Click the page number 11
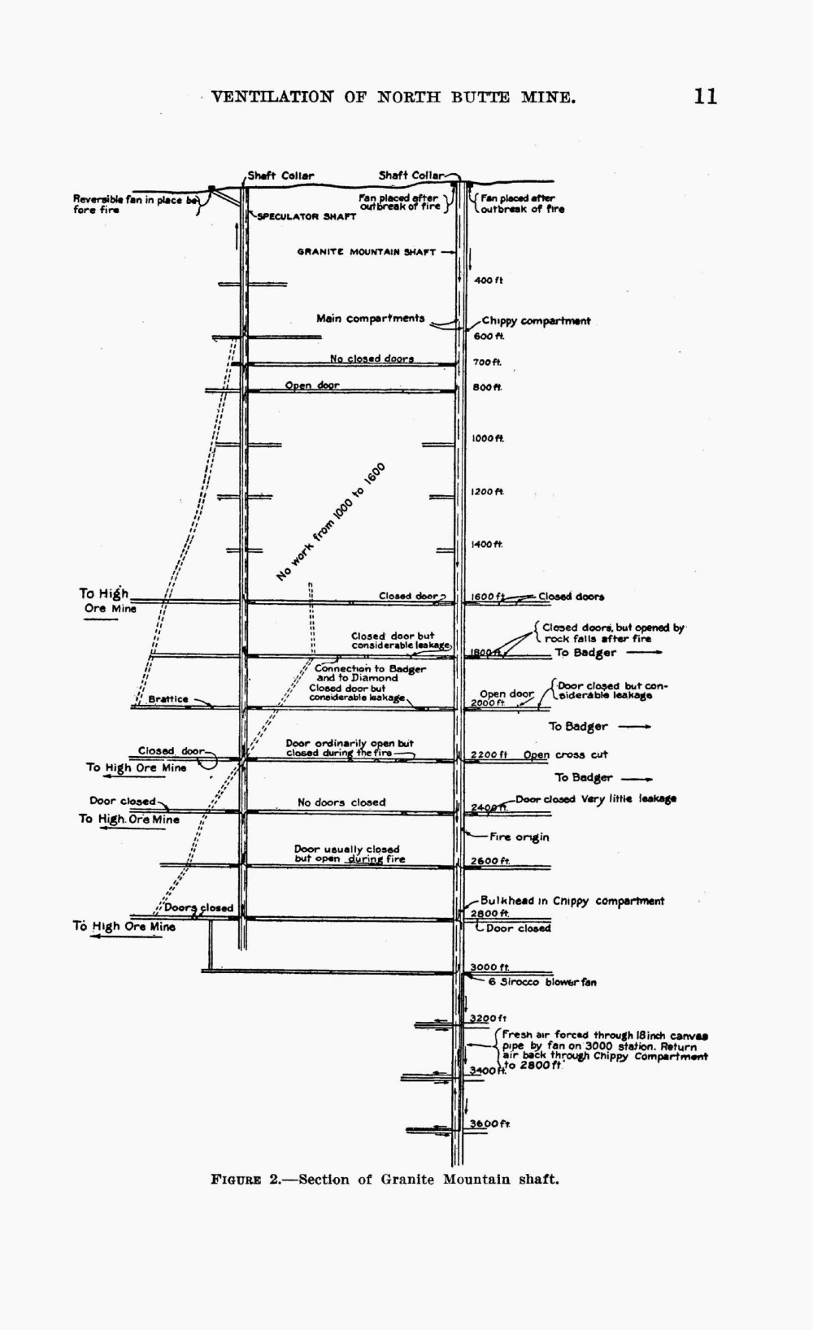pos(705,97)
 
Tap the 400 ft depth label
pos(488,280)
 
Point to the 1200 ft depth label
pos(488,492)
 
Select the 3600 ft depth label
pos(489,1124)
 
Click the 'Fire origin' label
pos(519,837)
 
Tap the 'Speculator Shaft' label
pos(307,217)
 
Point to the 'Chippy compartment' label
pos(536,321)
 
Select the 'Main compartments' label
pos(370,318)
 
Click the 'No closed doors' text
pos(372,359)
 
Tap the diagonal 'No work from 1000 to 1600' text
pos(330,521)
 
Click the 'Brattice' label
pos(168,699)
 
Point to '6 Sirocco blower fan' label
pos(542,982)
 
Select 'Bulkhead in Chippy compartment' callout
pos(572,901)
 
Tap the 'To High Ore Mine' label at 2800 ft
pos(124,926)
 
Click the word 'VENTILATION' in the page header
pos(272,98)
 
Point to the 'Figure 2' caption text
pos(385,1179)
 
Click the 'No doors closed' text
pos(341,802)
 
